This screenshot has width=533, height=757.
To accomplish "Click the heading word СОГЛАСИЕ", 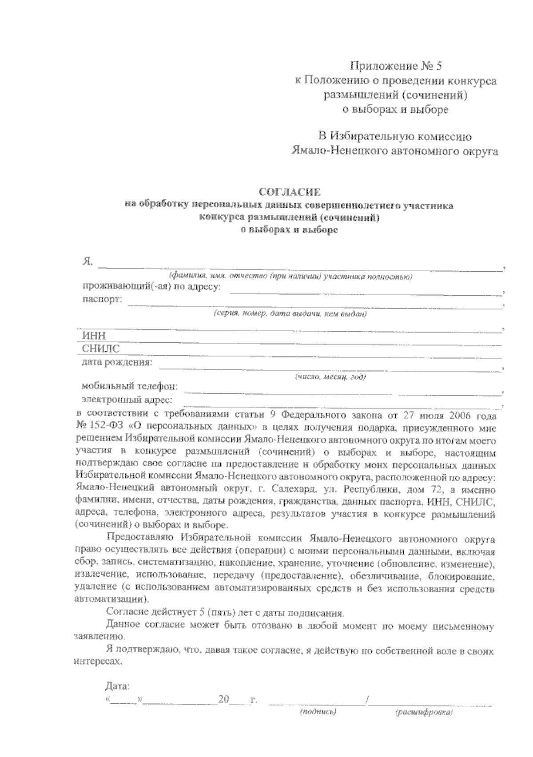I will coord(289,192).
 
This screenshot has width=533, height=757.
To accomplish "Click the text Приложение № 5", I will coord(397,67).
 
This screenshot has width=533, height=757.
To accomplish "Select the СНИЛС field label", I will coord(101,349).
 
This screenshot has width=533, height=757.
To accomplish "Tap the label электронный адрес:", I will coord(127,400).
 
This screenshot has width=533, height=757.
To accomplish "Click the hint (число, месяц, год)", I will coord(330,377).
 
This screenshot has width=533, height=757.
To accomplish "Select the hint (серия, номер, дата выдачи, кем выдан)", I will coord(290,314).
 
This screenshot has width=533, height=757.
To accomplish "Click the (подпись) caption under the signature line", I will coord(318,711).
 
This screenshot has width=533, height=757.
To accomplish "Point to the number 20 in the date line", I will coord(223,699).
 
